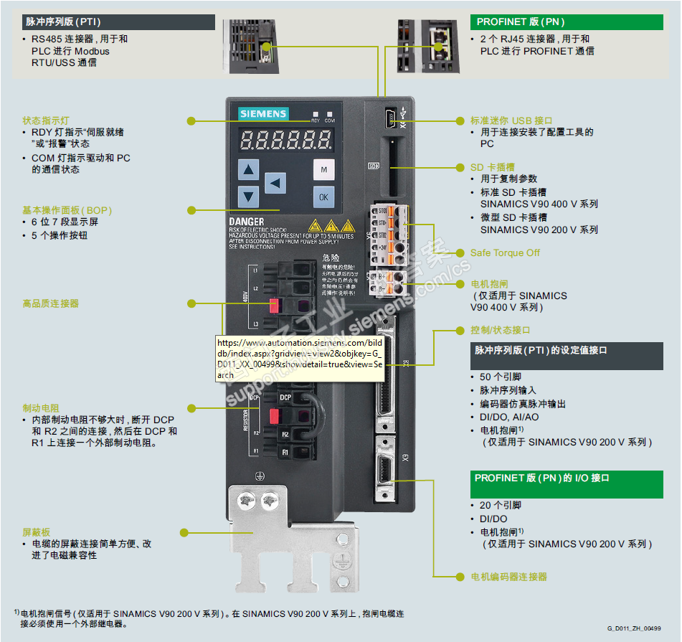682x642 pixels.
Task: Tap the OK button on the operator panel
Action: (323, 197)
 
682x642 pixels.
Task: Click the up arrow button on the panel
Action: (248, 170)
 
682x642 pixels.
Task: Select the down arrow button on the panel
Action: (248, 196)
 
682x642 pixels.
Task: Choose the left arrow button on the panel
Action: (275, 183)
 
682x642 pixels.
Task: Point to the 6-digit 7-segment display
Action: (286, 140)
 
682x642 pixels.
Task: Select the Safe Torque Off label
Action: (505, 252)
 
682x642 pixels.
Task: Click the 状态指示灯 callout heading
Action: (46, 121)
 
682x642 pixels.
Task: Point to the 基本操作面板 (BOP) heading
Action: (67, 210)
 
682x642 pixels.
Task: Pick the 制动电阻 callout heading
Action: (41, 407)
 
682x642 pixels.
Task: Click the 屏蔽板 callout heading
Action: (37, 533)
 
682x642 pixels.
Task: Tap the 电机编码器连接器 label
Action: (508, 577)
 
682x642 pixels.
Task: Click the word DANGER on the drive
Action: (247, 222)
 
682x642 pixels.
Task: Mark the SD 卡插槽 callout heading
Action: (492, 167)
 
